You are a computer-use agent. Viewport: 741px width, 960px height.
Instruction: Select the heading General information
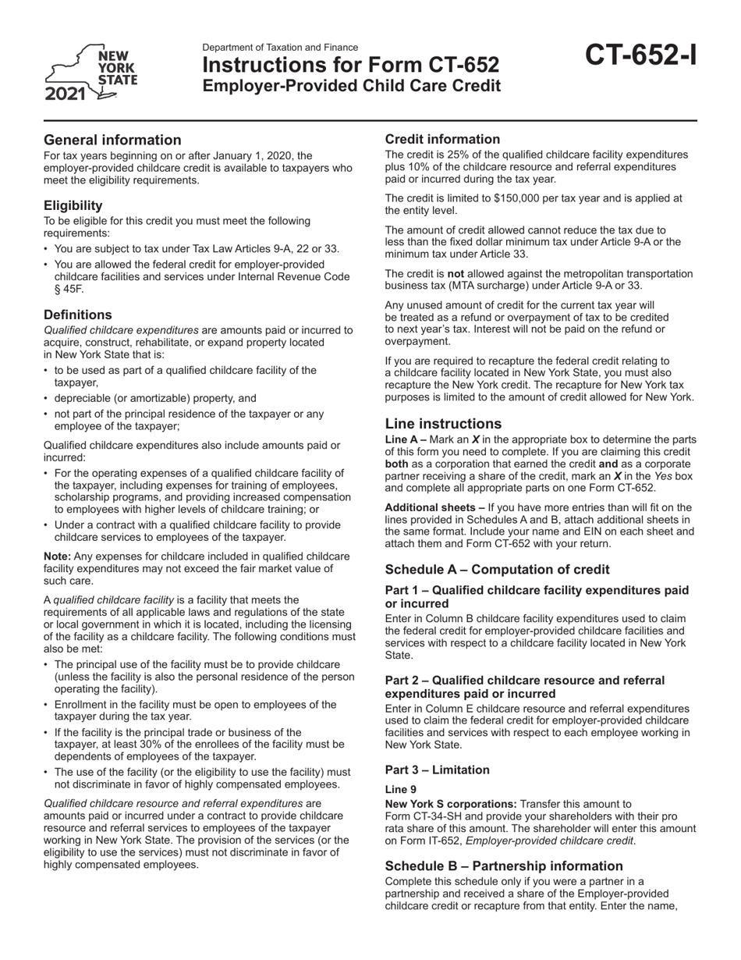(112, 140)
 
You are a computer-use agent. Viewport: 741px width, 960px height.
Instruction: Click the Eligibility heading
(73, 205)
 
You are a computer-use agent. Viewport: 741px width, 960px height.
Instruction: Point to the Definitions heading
(77, 315)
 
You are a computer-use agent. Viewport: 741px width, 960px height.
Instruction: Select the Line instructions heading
(443, 424)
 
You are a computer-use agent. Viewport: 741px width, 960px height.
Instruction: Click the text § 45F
(69, 289)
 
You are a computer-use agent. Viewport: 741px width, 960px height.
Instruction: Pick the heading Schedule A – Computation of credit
(498, 569)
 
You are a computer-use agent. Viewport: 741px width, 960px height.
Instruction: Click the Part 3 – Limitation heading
(438, 770)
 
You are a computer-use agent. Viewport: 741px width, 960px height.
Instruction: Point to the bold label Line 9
(401, 789)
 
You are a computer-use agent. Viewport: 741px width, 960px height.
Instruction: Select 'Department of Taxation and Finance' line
(280, 48)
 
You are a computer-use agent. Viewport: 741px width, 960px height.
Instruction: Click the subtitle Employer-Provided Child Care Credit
(352, 86)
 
